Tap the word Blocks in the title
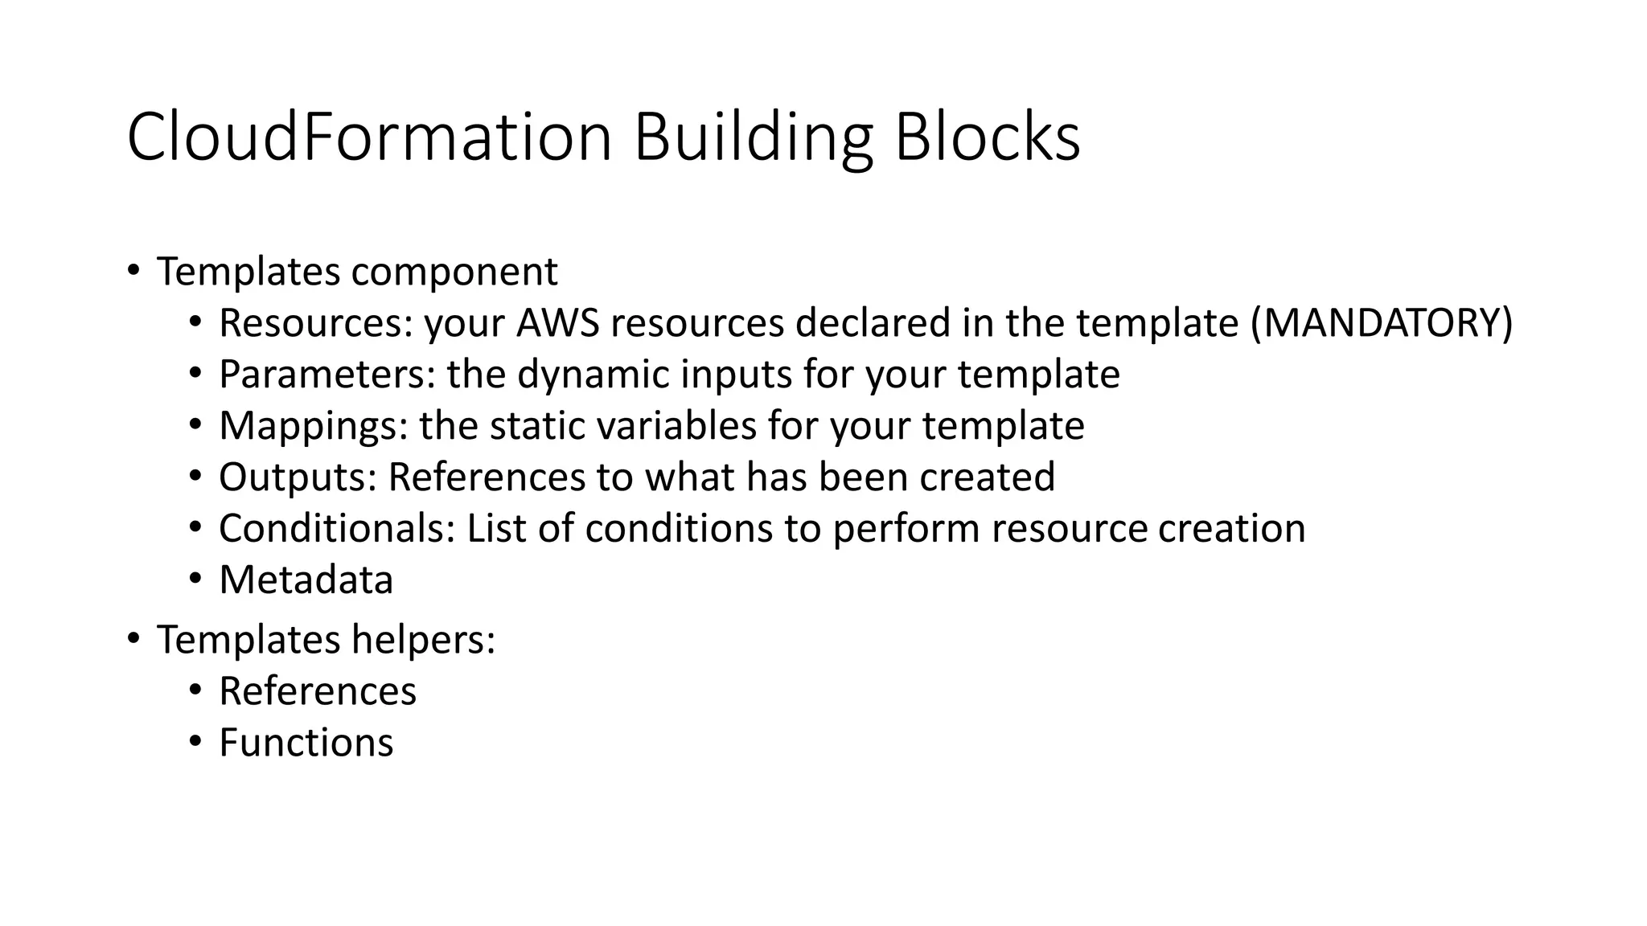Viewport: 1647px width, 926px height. point(987,137)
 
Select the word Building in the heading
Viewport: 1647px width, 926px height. point(753,137)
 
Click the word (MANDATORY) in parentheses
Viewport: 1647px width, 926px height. point(1382,323)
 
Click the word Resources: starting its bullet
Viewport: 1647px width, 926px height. point(315,323)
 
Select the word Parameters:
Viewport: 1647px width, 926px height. point(327,375)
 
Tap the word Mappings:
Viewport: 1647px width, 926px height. point(313,426)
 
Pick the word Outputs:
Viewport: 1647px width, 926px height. point(298,477)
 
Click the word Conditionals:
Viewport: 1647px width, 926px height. point(337,529)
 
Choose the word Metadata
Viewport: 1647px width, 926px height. point(306,580)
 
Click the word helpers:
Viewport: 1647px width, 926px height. point(423,640)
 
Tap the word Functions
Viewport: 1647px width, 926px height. point(306,743)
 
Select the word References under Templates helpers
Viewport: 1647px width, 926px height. point(318,691)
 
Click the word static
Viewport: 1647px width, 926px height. point(528,426)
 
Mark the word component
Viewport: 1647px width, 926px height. point(454,272)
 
